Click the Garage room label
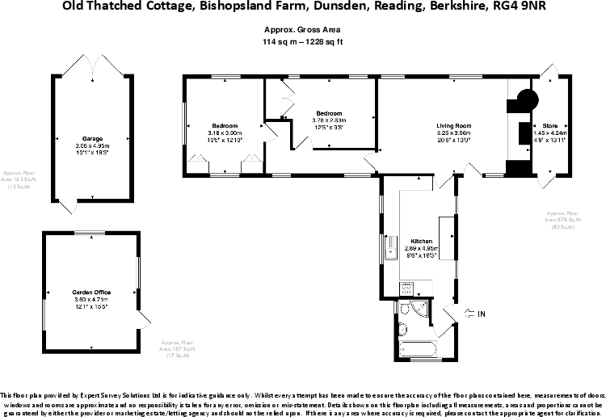coord(91,138)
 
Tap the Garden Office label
coord(90,292)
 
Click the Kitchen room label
coord(421,242)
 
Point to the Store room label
coord(550,126)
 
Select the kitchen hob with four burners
coord(408,287)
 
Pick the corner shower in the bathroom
coord(420,310)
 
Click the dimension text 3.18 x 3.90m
coord(224,133)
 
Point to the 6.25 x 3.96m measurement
coord(453,133)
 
